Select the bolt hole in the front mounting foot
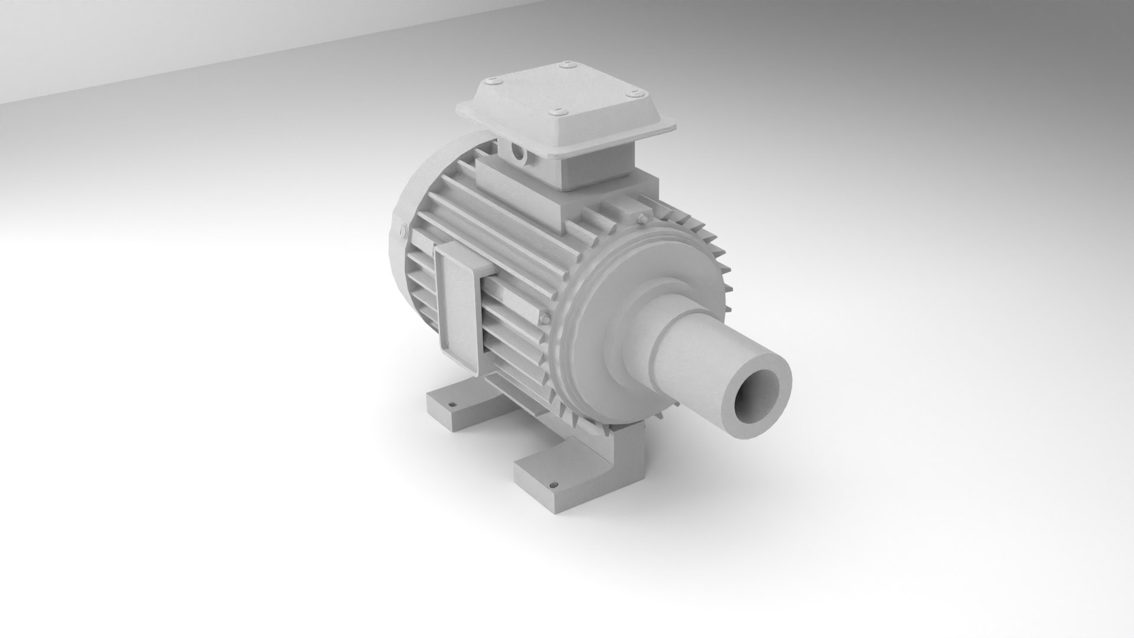pos(553,469)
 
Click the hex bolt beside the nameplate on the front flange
pos(545,320)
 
